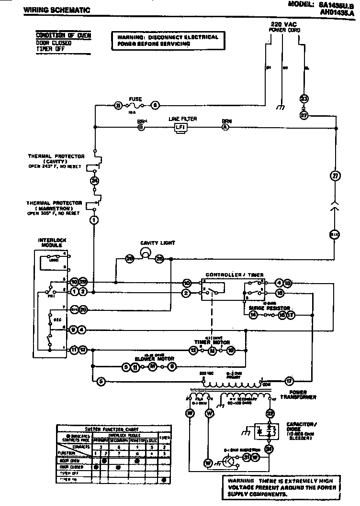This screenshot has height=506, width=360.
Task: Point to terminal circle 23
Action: point(304,99)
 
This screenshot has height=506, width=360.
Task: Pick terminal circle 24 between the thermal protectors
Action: point(94,181)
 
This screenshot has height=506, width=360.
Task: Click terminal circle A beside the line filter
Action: point(225,127)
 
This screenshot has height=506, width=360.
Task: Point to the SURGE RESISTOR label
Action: point(267,308)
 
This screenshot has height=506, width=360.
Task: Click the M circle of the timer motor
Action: point(212,351)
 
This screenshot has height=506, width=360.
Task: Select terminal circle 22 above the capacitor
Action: point(270,413)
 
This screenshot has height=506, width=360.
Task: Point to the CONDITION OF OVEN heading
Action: point(63,35)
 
